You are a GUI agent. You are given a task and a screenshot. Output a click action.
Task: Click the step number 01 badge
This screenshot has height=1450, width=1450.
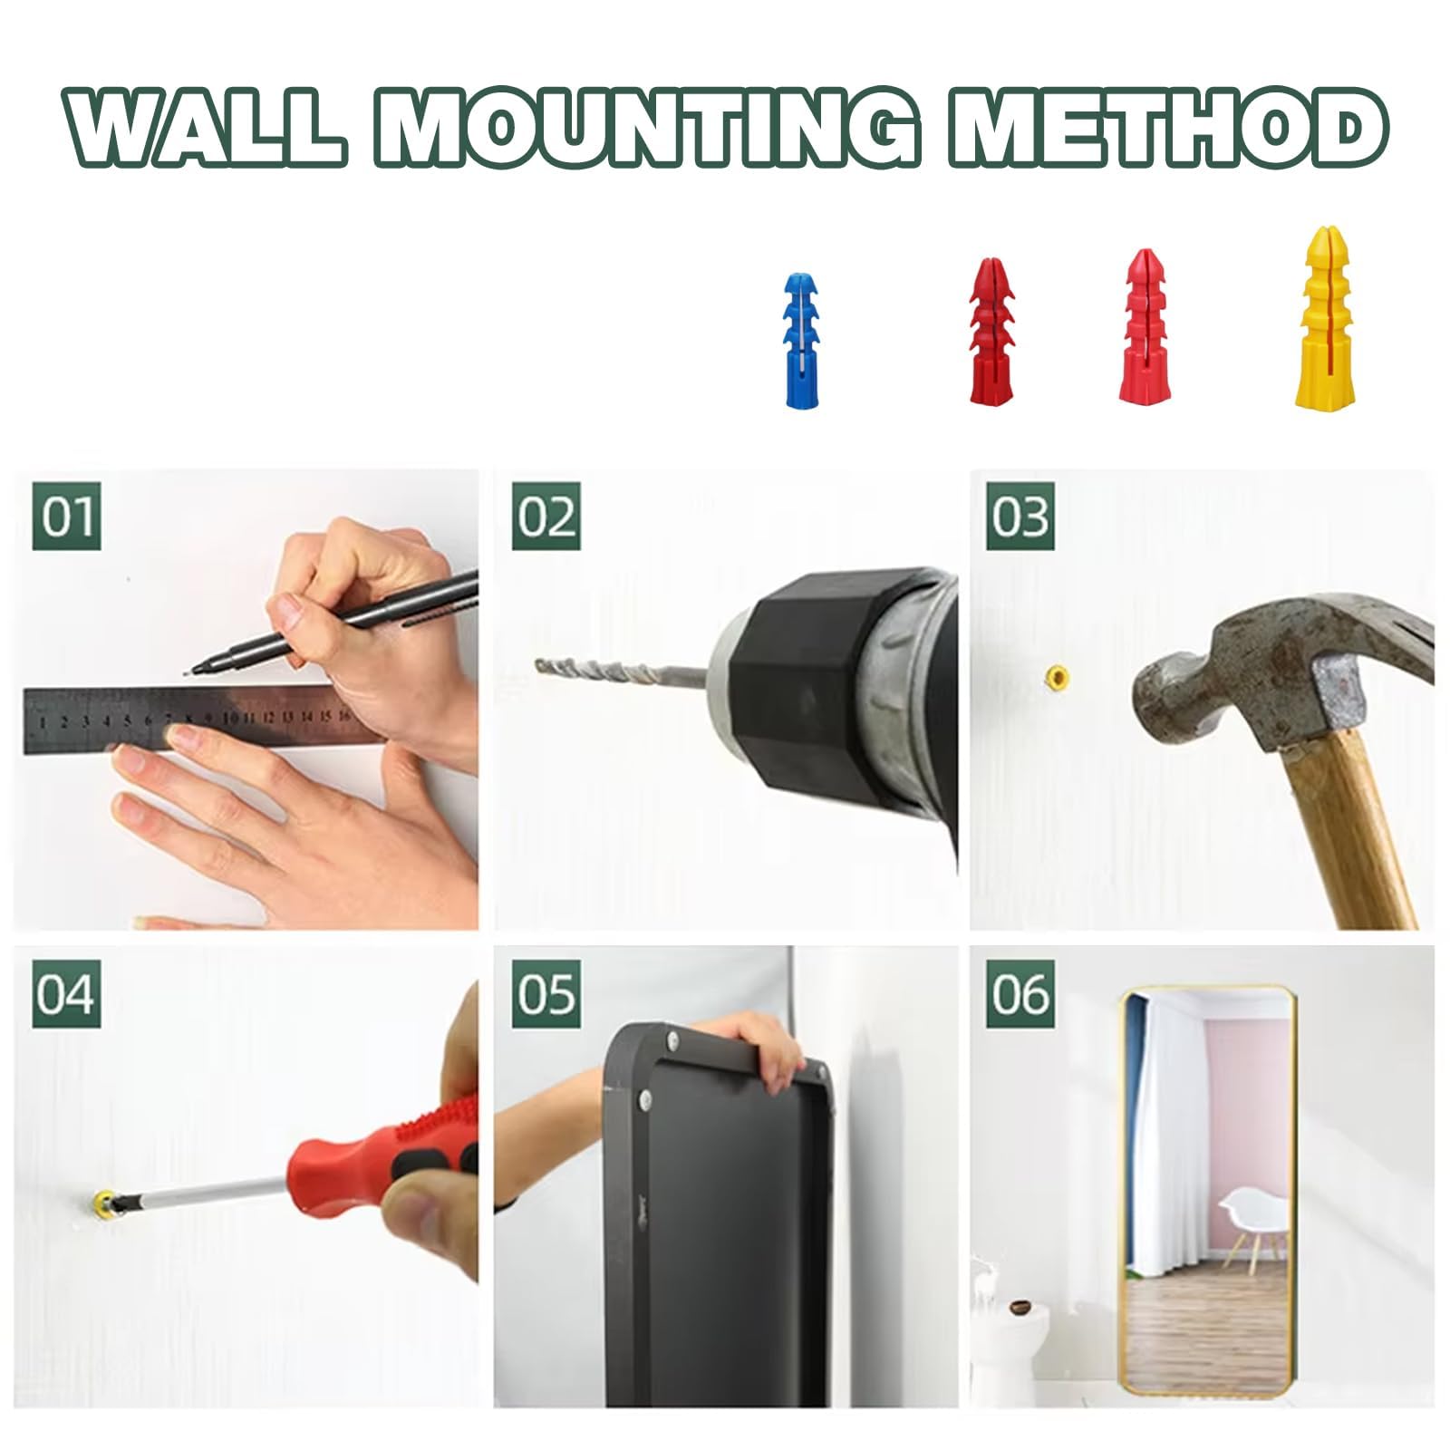[66, 517]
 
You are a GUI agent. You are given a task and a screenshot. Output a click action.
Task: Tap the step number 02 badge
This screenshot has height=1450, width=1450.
[546, 517]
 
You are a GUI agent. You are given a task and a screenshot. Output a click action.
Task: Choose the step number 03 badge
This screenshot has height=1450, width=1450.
[1020, 517]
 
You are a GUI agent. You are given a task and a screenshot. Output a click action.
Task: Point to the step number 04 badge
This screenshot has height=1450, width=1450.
[66, 994]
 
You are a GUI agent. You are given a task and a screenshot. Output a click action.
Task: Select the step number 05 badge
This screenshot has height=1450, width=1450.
[546, 994]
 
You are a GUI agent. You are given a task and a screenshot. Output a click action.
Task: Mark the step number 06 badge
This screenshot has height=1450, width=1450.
[1020, 994]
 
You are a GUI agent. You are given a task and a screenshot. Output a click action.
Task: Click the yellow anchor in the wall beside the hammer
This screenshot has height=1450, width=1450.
[1056, 675]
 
